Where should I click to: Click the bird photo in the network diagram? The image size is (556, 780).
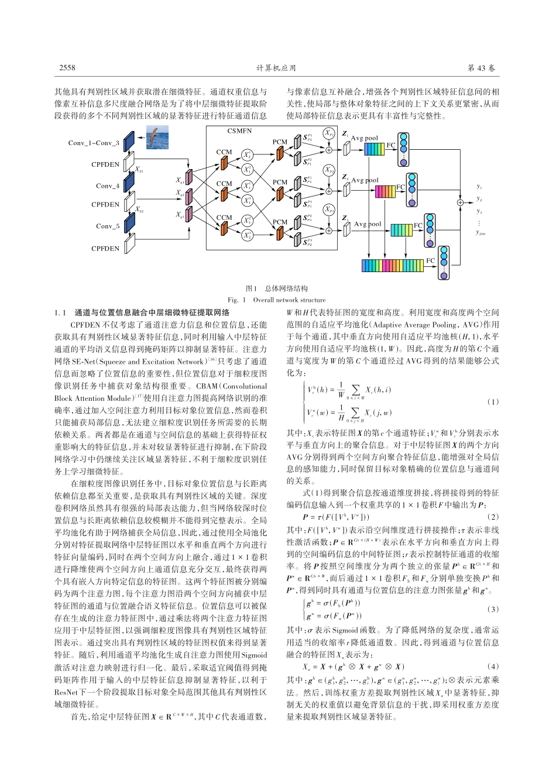157,138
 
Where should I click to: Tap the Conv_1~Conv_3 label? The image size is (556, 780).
94,143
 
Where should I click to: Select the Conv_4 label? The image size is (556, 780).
108,186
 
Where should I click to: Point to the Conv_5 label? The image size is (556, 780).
108,226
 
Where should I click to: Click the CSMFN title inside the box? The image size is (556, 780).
239,132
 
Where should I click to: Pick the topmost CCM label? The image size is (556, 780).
224,152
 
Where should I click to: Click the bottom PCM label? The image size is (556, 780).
280,222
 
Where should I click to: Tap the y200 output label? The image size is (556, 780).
481,233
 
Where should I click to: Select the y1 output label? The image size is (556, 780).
479,187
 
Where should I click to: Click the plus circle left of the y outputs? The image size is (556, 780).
461,202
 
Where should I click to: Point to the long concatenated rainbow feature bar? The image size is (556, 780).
392,266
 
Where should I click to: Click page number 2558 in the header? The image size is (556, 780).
67,68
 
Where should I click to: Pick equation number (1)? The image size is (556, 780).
493,402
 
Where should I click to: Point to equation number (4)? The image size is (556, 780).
493,666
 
